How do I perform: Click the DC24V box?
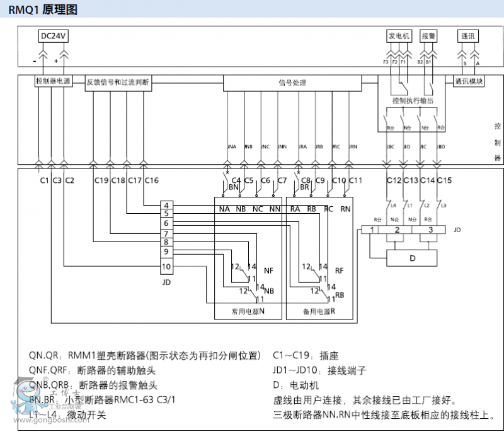(x=54, y=36)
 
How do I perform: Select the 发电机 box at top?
(x=398, y=36)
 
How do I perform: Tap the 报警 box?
(x=428, y=36)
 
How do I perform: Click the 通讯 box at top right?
(x=469, y=36)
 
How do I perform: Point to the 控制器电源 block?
(x=53, y=82)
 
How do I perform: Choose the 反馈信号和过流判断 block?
(x=118, y=82)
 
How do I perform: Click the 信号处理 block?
(x=292, y=82)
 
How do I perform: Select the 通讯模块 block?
(x=468, y=82)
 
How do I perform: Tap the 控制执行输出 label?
(x=412, y=101)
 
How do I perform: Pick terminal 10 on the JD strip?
(x=166, y=267)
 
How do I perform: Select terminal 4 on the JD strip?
(x=166, y=206)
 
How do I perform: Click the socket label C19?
(x=101, y=180)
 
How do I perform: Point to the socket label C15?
(x=445, y=180)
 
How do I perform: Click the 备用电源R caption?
(x=319, y=311)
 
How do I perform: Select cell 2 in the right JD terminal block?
(x=396, y=230)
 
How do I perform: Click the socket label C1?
(x=44, y=180)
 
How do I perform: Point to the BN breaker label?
(x=233, y=187)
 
